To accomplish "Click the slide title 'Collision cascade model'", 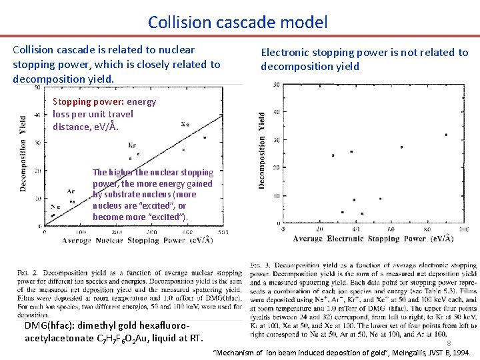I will tap(238, 22).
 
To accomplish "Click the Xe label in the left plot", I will tap(185, 123).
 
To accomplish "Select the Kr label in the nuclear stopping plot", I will tap(132, 145).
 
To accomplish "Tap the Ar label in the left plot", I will tap(71, 191).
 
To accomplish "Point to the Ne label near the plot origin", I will tap(55, 207).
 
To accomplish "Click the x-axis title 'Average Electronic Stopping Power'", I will tap(373, 238).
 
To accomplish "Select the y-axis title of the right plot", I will tap(262, 149).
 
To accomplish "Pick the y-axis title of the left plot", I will tap(23, 153).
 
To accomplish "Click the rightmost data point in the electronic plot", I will tap(445, 135).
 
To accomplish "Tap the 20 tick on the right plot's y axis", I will tap(278, 168).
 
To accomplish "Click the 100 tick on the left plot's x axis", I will tap(80, 232).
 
